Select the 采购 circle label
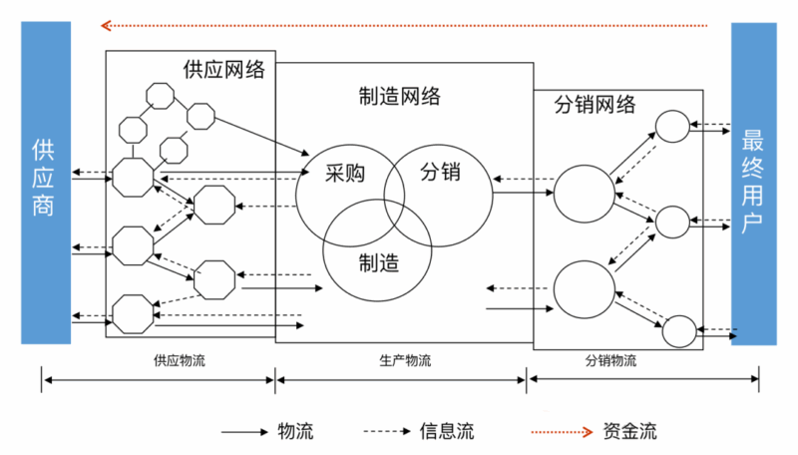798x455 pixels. tap(344, 174)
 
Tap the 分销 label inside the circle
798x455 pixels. tap(440, 171)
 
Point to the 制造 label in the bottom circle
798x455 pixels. tap(378, 262)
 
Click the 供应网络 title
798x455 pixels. tap(224, 70)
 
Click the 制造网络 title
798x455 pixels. tap(399, 97)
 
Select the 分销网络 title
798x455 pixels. tap(594, 105)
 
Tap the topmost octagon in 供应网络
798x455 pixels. tap(161, 96)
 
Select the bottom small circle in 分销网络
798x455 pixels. tap(678, 329)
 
